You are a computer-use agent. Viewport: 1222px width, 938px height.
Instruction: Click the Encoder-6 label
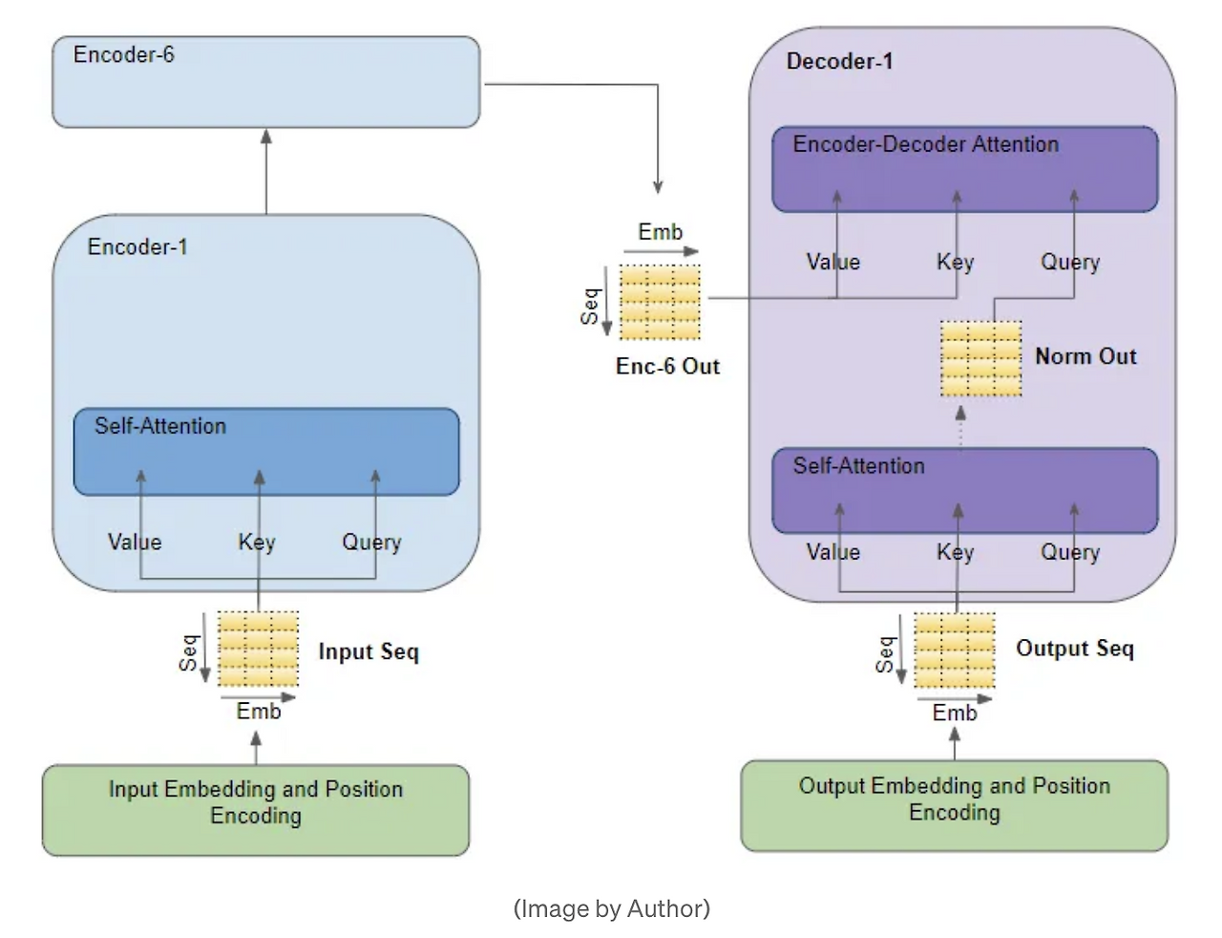point(124,54)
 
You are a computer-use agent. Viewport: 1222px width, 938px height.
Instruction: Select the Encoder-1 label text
point(137,246)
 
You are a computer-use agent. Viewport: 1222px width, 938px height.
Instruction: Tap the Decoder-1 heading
point(839,61)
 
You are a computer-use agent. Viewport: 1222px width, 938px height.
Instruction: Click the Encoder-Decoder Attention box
point(964,169)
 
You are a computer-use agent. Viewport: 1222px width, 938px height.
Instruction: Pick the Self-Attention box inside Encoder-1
point(266,452)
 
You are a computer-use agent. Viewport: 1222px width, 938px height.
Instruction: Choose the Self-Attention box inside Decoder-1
point(964,490)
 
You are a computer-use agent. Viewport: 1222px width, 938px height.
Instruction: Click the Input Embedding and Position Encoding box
point(256,809)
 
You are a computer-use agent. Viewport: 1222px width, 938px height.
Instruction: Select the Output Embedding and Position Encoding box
point(955,805)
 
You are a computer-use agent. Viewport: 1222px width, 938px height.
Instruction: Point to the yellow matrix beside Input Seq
point(258,649)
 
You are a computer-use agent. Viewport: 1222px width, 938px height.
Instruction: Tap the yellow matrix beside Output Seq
point(954,650)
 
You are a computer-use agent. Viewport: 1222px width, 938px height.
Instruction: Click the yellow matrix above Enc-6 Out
point(660,302)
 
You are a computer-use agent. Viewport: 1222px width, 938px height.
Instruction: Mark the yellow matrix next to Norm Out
point(980,358)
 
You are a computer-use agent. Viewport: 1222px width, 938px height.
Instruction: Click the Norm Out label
point(1085,356)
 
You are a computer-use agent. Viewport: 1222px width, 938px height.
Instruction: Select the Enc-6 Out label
point(667,366)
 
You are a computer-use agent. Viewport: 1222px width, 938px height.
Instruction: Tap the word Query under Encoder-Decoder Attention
point(1070,262)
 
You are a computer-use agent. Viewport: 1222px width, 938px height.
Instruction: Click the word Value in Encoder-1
point(135,542)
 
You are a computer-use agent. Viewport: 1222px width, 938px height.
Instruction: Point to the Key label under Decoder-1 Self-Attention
point(955,552)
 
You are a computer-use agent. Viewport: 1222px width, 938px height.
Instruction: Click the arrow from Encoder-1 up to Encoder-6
point(266,171)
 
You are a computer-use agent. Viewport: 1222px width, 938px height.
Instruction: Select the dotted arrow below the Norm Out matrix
point(961,425)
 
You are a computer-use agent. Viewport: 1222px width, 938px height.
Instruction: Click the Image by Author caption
point(611,907)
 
